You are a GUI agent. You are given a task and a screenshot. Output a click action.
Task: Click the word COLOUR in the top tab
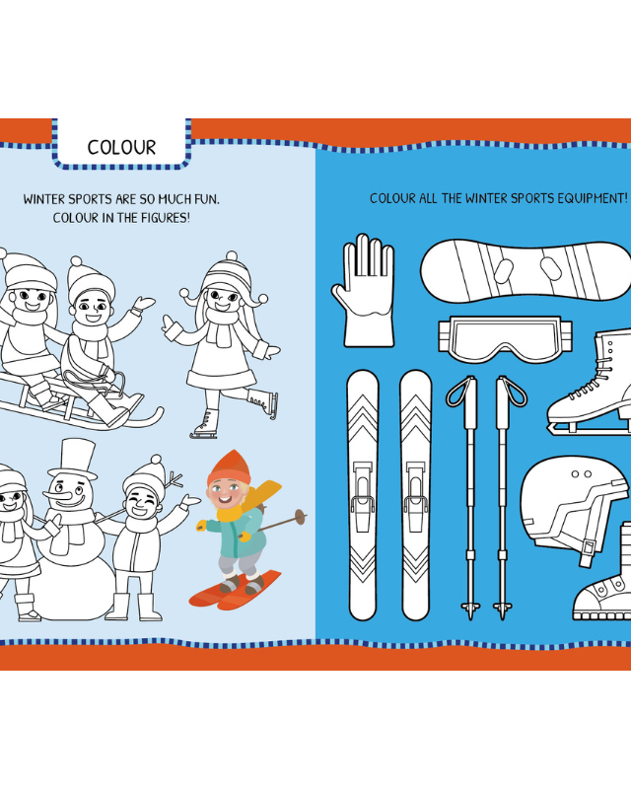click(121, 147)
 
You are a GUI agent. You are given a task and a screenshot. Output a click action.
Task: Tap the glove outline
click(363, 291)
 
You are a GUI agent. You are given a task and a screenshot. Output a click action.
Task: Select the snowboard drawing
click(525, 270)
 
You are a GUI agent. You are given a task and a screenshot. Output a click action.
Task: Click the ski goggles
click(505, 339)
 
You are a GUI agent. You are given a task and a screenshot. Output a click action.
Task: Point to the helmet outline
click(574, 509)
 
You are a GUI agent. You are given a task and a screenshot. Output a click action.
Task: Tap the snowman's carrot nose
click(56, 495)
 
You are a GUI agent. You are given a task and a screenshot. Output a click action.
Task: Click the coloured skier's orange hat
click(229, 467)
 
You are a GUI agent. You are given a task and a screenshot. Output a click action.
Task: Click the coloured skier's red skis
click(235, 590)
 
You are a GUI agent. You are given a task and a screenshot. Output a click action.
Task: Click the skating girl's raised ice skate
click(262, 402)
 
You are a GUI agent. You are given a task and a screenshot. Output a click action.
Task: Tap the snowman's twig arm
click(175, 480)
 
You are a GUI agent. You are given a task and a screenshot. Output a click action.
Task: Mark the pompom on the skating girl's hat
click(232, 255)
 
